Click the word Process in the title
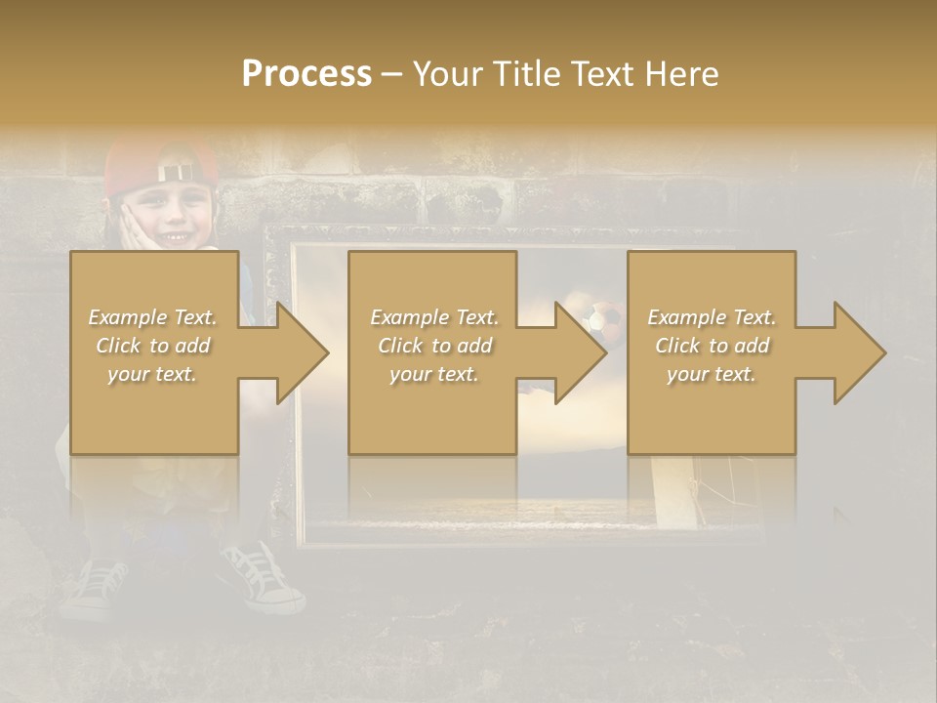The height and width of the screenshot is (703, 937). pyautogui.click(x=306, y=74)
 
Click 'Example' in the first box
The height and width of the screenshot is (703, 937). pyautogui.click(x=127, y=317)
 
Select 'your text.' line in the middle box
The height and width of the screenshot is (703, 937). pyautogui.click(x=433, y=374)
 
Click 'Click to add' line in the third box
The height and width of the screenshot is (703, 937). pyautogui.click(x=713, y=346)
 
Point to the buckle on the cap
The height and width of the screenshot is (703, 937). pyautogui.click(x=175, y=173)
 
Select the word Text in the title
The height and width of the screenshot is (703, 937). pyautogui.click(x=599, y=74)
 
